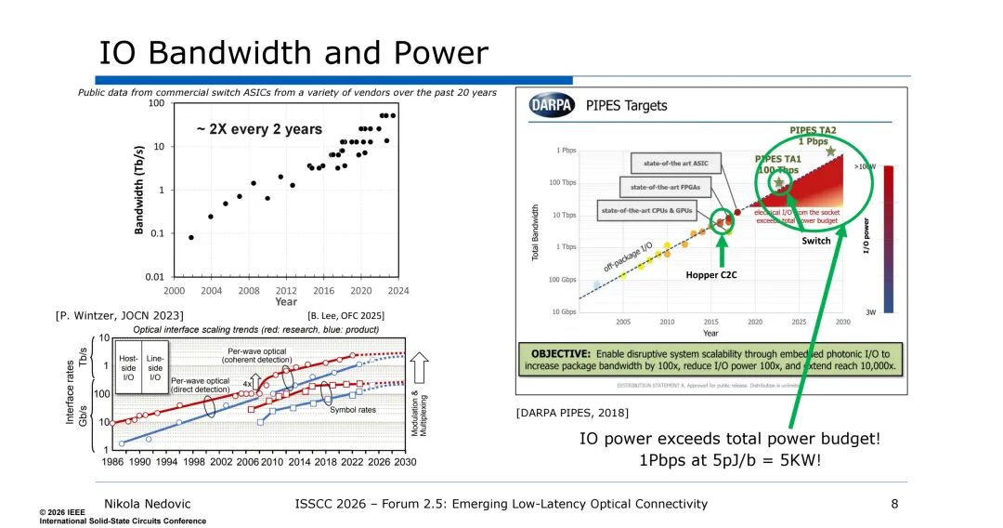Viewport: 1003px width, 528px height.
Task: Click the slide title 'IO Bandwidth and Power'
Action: click(293, 51)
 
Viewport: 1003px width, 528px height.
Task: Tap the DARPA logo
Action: click(552, 105)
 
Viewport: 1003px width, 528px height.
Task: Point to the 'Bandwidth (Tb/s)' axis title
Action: click(140, 191)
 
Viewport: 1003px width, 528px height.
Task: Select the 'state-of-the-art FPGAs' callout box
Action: click(663, 187)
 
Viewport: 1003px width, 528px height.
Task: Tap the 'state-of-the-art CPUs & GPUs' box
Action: click(648, 210)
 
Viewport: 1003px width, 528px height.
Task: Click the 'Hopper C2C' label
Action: click(710, 275)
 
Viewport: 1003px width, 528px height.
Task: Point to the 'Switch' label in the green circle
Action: click(816, 240)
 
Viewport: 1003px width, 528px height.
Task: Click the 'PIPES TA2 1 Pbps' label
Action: click(814, 136)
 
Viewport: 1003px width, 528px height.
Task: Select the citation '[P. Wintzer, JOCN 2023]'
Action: click(120, 316)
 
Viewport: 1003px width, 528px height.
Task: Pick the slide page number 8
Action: click(894, 504)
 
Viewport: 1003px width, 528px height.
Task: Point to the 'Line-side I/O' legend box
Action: click(155, 364)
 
